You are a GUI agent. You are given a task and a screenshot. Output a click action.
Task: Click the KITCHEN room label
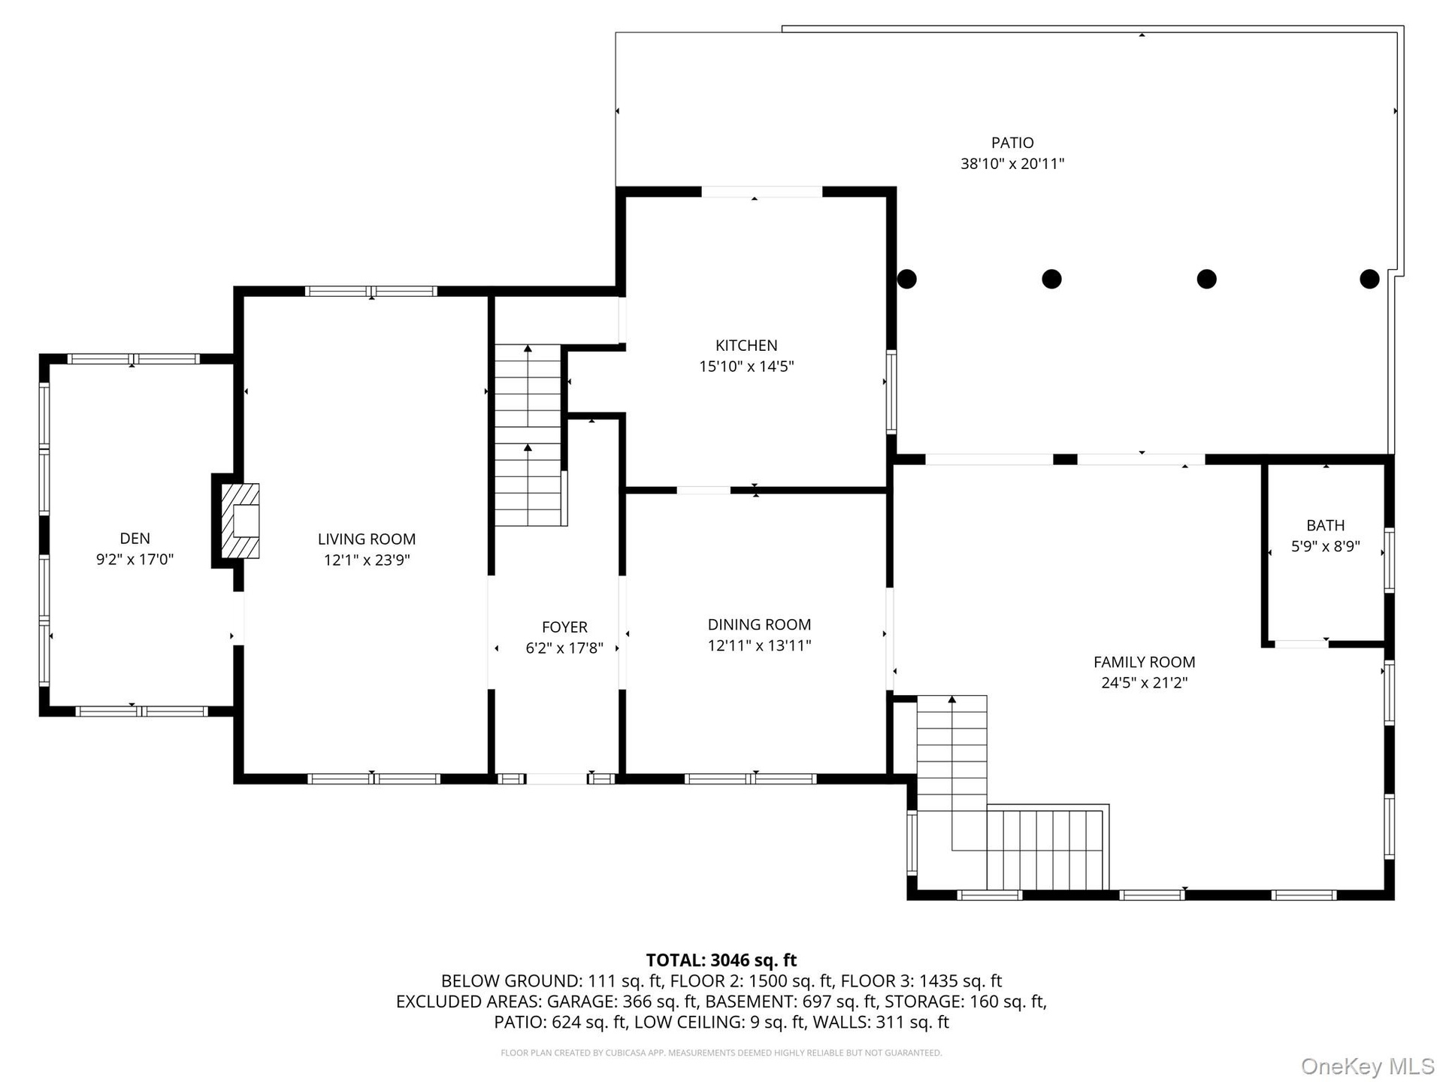[746, 346]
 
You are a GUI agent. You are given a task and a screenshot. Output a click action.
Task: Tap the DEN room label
[135, 538]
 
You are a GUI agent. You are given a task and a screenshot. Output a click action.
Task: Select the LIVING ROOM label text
[367, 539]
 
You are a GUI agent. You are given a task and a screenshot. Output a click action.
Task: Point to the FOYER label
[564, 627]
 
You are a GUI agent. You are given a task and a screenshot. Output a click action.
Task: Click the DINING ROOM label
[759, 624]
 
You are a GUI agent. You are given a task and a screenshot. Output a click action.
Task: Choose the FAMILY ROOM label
[1144, 662]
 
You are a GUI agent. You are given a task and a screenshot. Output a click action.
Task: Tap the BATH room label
[1326, 525]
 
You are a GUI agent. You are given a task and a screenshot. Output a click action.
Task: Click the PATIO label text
[1012, 143]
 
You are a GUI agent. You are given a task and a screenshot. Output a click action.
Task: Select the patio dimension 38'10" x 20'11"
[1012, 164]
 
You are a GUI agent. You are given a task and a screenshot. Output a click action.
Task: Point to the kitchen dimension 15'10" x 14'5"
[746, 367]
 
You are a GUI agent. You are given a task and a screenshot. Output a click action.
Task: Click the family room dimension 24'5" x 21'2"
[1144, 683]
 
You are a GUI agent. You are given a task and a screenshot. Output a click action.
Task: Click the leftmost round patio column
[907, 279]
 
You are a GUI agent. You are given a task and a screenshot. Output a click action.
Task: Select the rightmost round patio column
[1369, 279]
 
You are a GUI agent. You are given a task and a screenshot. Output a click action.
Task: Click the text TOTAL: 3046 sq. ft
[721, 960]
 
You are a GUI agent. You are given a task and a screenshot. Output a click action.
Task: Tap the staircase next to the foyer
[528, 436]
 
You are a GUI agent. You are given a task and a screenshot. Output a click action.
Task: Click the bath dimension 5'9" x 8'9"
[1326, 546]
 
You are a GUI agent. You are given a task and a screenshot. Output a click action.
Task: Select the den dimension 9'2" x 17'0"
[135, 559]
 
